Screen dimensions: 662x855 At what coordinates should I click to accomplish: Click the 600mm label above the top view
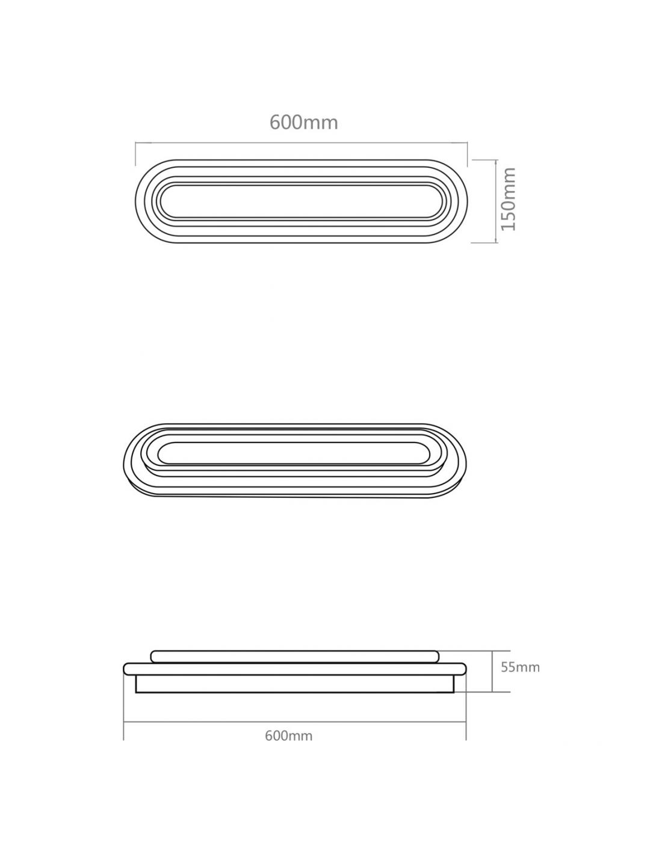click(304, 123)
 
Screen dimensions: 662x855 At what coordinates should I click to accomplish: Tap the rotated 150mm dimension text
click(508, 199)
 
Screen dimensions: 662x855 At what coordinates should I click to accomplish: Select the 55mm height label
click(520, 667)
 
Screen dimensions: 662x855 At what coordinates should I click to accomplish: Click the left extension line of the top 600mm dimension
click(135, 154)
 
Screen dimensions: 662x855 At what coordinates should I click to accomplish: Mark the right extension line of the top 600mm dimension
click(467, 154)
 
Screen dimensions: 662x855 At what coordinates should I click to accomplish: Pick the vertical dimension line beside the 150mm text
click(495, 201)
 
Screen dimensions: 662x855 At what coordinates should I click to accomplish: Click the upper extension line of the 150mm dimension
click(484, 160)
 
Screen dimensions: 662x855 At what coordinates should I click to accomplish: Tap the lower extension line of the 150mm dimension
click(484, 243)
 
